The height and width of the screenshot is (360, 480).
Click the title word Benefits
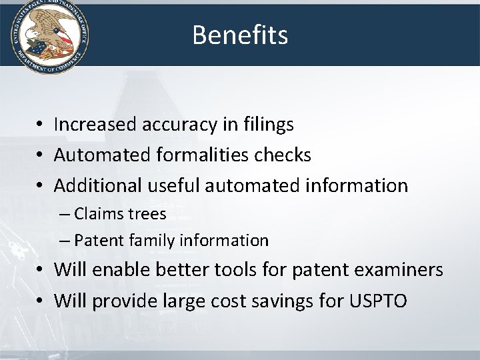click(240, 35)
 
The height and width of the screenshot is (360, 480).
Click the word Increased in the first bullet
click(93, 124)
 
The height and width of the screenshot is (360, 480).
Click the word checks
click(283, 155)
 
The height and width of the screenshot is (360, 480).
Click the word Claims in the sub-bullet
click(98, 214)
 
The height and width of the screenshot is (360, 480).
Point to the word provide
click(123, 301)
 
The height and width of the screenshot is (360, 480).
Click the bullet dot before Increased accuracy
click(41, 125)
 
